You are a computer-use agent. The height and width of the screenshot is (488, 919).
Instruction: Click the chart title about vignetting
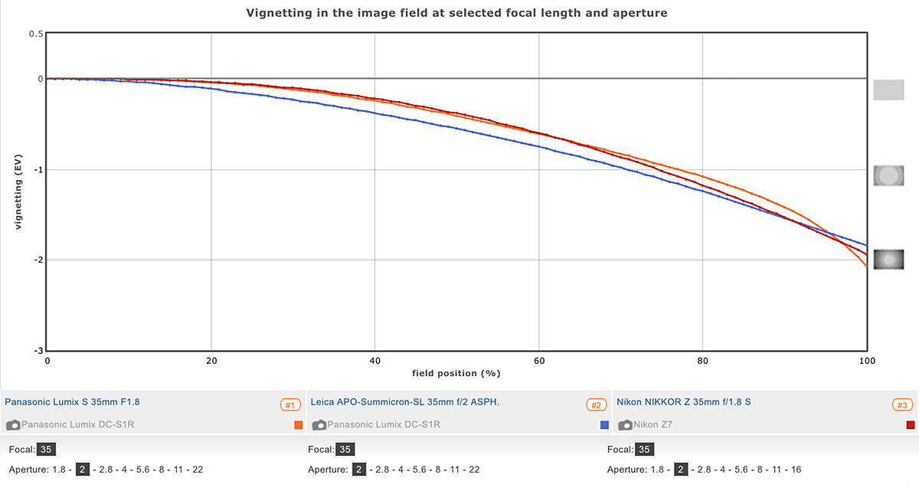pos(456,13)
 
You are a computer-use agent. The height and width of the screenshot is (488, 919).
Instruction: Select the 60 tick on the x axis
pos(538,360)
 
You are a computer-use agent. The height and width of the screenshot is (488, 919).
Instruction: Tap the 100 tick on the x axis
pos(866,360)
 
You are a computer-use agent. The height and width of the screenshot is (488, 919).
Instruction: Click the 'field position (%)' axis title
pos(456,373)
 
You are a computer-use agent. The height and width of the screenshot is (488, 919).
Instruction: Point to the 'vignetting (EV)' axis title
pos(18,192)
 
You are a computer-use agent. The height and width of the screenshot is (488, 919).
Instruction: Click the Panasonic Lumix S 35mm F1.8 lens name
pos(72,401)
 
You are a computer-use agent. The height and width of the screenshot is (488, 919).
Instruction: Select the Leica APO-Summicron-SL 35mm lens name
pos(405,401)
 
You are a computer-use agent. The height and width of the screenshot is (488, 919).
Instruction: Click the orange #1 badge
pos(290,404)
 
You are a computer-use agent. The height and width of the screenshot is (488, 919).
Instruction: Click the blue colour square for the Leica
pos(605,424)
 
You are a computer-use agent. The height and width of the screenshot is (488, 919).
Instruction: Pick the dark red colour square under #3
pos(911,424)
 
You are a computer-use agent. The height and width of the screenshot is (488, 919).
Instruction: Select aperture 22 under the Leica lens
pos(474,470)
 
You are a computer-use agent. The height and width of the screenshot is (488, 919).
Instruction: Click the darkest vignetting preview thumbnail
pos(889,260)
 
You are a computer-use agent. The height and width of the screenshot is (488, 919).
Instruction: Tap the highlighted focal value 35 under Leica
pos(345,450)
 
